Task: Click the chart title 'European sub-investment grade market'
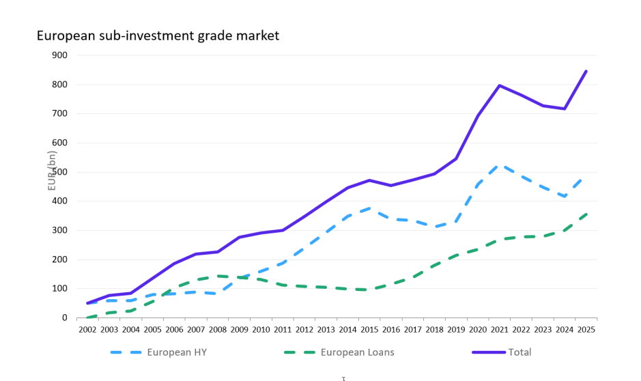coord(158,36)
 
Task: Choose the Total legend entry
coord(519,352)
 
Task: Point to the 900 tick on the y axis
coord(60,55)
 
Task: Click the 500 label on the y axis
coord(60,172)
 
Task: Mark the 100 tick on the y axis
coord(60,288)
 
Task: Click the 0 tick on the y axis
coord(65,317)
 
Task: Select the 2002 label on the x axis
coord(87,329)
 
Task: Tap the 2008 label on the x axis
coord(218,329)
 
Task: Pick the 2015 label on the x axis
coord(369,329)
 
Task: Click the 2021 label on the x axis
coord(499,329)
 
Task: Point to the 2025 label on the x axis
coord(586,329)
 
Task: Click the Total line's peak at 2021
coord(500,85)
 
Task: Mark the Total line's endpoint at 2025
coord(586,71)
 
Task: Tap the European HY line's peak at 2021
coord(500,165)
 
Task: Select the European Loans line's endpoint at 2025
coord(586,213)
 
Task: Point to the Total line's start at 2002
coord(87,303)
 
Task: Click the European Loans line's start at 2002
coord(87,317)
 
